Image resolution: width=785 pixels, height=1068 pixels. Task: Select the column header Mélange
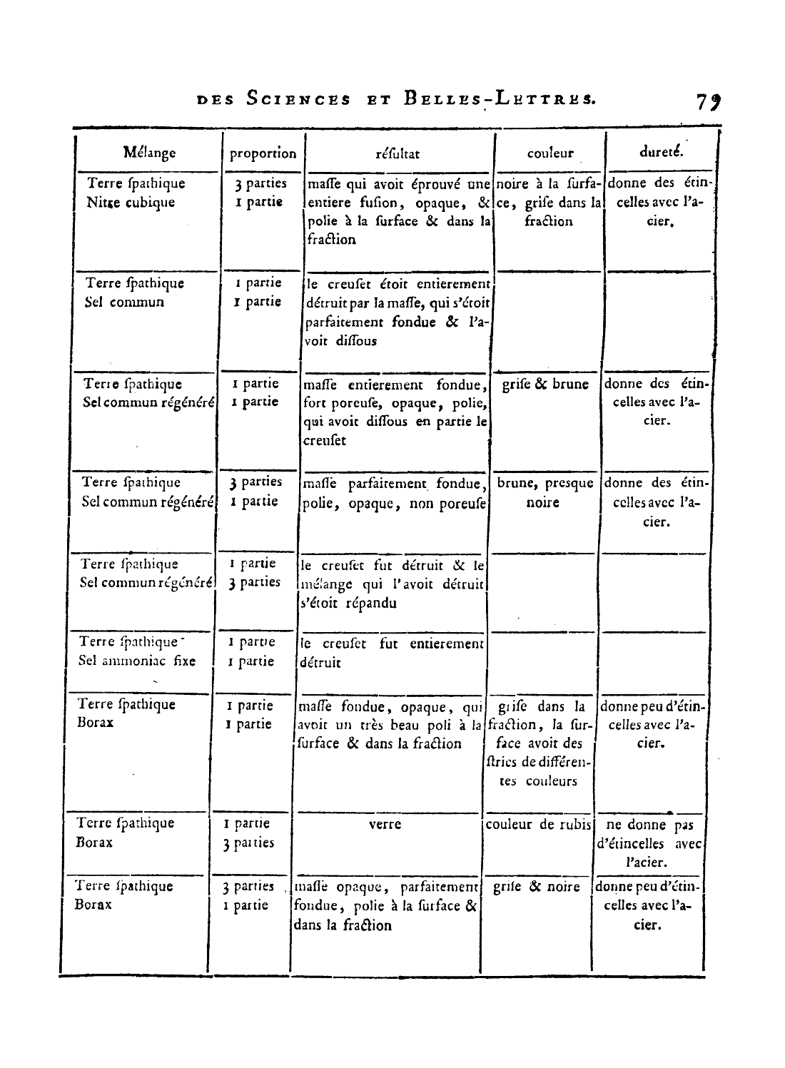(x=149, y=153)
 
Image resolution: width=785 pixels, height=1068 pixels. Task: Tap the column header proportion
(x=263, y=153)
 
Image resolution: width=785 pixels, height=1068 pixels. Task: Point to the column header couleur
(x=550, y=153)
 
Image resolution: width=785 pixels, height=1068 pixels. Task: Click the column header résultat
(x=397, y=153)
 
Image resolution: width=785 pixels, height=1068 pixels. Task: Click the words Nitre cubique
(x=131, y=203)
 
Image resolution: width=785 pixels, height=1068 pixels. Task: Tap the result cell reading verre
(x=385, y=825)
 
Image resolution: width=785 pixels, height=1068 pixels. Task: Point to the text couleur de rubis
(x=539, y=825)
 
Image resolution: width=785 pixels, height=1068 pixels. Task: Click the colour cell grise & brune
(x=545, y=385)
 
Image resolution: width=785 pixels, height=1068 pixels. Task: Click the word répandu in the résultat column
(x=371, y=604)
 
